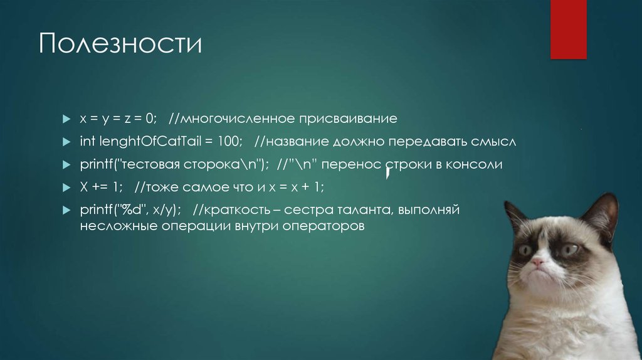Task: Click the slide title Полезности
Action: [x=120, y=45]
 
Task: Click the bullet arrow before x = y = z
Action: [x=66, y=119]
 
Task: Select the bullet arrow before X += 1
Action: [x=66, y=188]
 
